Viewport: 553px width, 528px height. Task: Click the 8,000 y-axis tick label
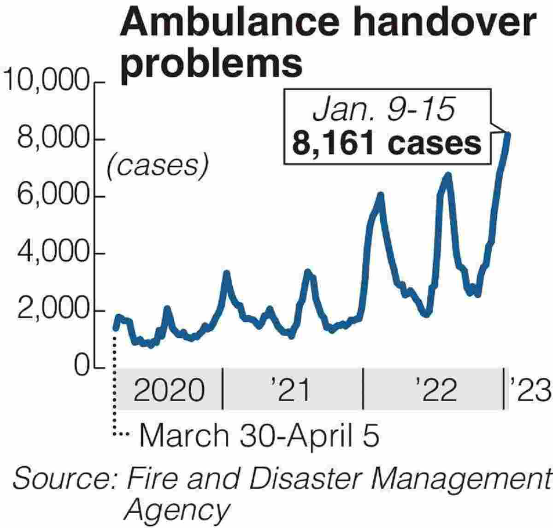(x=53, y=139)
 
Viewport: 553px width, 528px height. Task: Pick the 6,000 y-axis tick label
(x=53, y=196)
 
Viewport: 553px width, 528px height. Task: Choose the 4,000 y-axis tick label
(x=53, y=253)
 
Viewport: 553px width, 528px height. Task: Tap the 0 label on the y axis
(x=82, y=367)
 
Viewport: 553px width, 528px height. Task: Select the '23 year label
(x=529, y=390)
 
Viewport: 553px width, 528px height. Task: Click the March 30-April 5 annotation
(x=259, y=435)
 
